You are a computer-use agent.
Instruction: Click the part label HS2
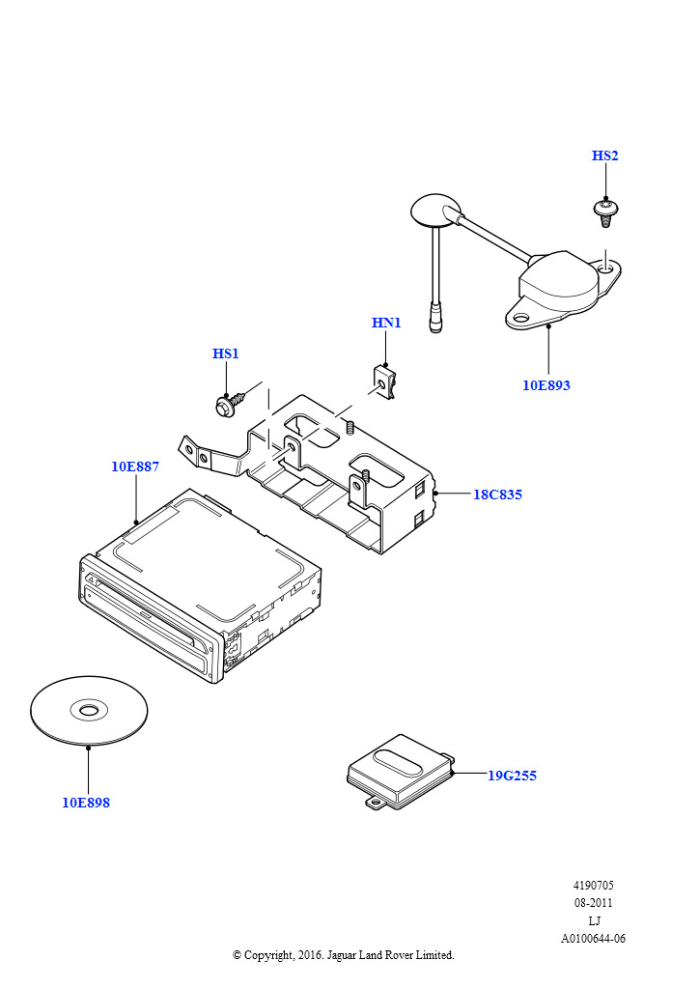tap(605, 155)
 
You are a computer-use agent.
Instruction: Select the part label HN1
tap(386, 323)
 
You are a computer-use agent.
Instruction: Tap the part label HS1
tap(226, 353)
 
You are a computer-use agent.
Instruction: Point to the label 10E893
tap(546, 385)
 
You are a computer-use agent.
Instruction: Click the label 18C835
tap(497, 494)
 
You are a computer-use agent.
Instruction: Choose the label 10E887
tap(135, 466)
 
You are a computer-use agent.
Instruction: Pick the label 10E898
tap(86, 803)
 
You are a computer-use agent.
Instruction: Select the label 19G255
tap(512, 775)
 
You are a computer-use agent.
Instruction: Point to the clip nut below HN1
tap(384, 381)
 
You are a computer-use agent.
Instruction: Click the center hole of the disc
tap(89, 711)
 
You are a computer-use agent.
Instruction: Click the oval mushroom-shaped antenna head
tap(436, 210)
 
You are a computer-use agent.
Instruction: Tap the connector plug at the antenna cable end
tap(438, 318)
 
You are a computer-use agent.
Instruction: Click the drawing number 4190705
tap(594, 885)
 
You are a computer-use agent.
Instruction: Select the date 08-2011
tap(594, 903)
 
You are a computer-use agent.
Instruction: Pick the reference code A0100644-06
tap(594, 938)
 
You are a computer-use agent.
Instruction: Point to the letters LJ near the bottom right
tap(594, 920)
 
